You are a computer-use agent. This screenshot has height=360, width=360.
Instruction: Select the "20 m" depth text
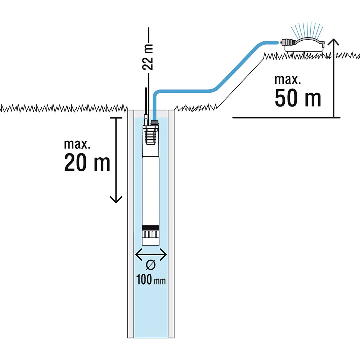(x=87, y=163)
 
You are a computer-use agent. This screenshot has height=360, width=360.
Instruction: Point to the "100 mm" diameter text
(x=151, y=280)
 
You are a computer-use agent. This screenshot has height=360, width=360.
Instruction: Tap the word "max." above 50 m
(x=287, y=79)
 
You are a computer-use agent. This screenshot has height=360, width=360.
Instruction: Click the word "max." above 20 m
(x=77, y=144)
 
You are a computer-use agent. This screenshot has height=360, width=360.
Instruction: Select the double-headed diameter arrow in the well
(x=151, y=255)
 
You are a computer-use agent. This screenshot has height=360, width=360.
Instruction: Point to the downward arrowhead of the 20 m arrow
(x=116, y=199)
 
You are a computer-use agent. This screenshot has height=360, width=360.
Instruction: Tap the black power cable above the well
(x=147, y=101)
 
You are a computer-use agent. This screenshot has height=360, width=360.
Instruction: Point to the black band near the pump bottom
(x=150, y=228)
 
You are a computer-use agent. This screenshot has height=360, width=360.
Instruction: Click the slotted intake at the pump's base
(x=150, y=236)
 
